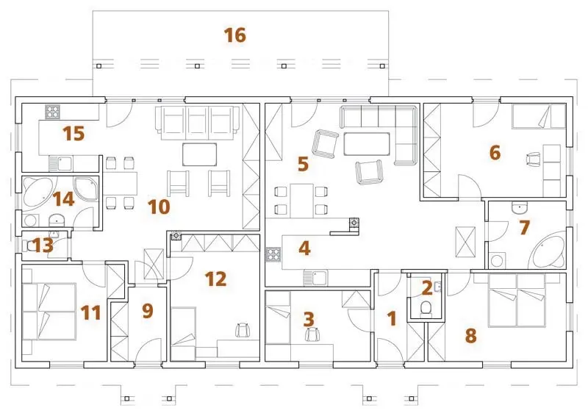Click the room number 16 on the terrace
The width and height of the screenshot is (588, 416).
click(x=234, y=35)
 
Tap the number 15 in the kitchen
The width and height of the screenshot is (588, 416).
click(x=73, y=134)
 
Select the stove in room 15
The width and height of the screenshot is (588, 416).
click(x=53, y=112)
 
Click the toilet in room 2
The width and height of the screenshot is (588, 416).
click(x=426, y=309)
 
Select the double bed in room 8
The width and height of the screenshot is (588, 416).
click(x=517, y=300)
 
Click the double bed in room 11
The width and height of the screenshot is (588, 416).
click(x=49, y=312)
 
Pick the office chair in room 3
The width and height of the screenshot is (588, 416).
click(x=312, y=334)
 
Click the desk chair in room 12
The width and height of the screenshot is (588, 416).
click(x=243, y=330)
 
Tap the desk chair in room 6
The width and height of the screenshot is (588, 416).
click(x=534, y=159)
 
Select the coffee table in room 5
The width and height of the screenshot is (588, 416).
click(x=366, y=143)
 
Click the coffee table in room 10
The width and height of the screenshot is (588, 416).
click(x=199, y=154)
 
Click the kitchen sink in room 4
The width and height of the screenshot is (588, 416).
click(x=315, y=278)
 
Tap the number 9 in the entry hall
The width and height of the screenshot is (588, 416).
click(x=148, y=311)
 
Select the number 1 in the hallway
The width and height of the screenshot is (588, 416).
click(x=392, y=318)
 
